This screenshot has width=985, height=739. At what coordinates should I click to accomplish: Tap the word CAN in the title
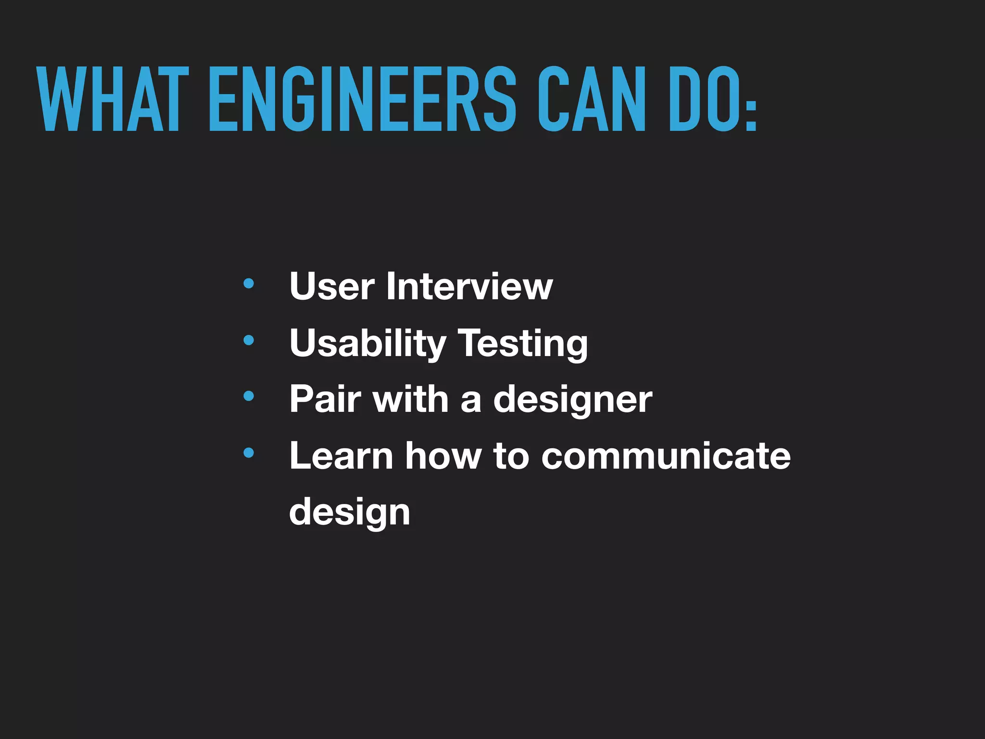click(591, 99)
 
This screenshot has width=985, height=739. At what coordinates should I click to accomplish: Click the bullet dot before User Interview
click(249, 284)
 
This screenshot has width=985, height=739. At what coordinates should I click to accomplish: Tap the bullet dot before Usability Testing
click(249, 341)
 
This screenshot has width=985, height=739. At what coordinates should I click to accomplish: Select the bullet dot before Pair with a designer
click(249, 396)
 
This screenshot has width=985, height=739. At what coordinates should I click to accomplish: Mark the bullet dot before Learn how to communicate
click(249, 453)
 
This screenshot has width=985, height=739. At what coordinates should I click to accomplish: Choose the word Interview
click(469, 286)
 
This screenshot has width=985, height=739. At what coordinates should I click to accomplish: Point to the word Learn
click(341, 456)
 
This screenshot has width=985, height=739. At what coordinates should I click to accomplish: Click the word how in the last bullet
click(443, 456)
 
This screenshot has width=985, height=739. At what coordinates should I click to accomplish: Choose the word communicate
click(666, 456)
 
